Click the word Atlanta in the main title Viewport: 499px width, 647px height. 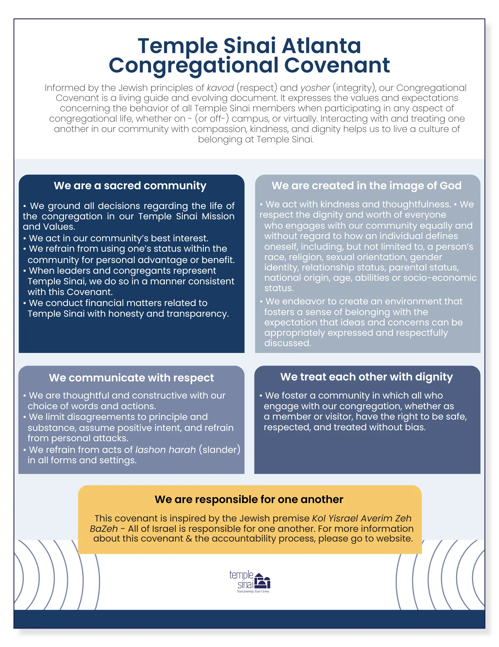(321, 46)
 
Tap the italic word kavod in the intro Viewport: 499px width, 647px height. (220, 88)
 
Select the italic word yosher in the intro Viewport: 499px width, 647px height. (315, 88)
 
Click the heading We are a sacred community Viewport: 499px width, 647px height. (130, 186)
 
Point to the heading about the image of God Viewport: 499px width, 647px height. (367, 186)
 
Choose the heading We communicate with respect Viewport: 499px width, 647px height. (131, 378)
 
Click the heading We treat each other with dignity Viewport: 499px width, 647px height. (367, 377)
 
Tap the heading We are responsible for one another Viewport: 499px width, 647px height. (249, 499)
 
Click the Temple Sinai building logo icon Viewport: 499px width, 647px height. (262, 581)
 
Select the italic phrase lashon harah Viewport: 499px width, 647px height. (165, 450)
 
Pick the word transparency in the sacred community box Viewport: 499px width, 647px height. (197, 314)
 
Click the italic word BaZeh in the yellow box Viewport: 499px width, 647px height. (104, 529)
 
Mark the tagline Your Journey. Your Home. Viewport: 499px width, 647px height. (253, 591)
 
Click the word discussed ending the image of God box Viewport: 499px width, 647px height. (287, 343)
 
